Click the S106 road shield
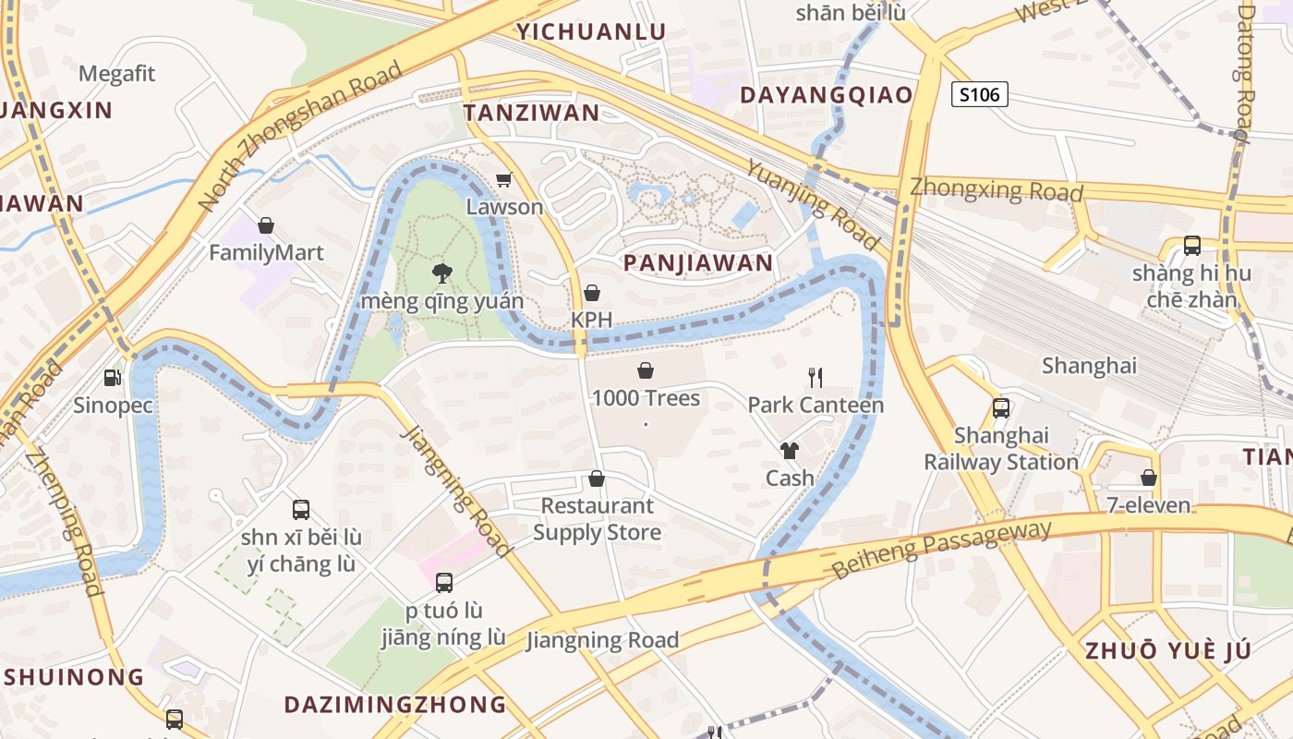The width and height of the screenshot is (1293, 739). click(x=979, y=94)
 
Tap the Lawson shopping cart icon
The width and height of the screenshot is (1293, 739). click(x=503, y=179)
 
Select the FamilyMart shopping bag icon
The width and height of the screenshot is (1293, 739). click(x=266, y=225)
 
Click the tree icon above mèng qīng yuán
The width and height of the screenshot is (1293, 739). click(x=442, y=273)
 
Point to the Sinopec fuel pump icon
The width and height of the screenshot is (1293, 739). click(x=112, y=377)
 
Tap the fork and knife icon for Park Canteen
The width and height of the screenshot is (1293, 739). click(x=815, y=377)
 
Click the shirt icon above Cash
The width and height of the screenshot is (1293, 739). click(x=790, y=451)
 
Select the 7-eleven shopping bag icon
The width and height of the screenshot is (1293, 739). click(x=1149, y=478)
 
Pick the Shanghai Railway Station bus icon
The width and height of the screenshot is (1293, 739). click(x=1000, y=407)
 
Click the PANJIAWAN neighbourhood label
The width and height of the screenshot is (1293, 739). click(x=698, y=263)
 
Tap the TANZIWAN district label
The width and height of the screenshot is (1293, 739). click(x=531, y=114)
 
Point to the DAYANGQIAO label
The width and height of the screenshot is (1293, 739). click(x=827, y=95)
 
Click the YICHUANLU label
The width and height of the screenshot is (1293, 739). click(x=591, y=31)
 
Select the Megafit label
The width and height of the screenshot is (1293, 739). click(x=117, y=74)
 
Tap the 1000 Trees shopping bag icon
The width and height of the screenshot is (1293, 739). click(x=646, y=371)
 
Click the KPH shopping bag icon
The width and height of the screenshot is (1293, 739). click(x=592, y=293)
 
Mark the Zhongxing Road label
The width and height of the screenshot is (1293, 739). click(x=997, y=189)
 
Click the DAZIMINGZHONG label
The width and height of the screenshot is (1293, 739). click(x=395, y=705)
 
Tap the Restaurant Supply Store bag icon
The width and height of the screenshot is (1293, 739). click(x=597, y=479)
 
